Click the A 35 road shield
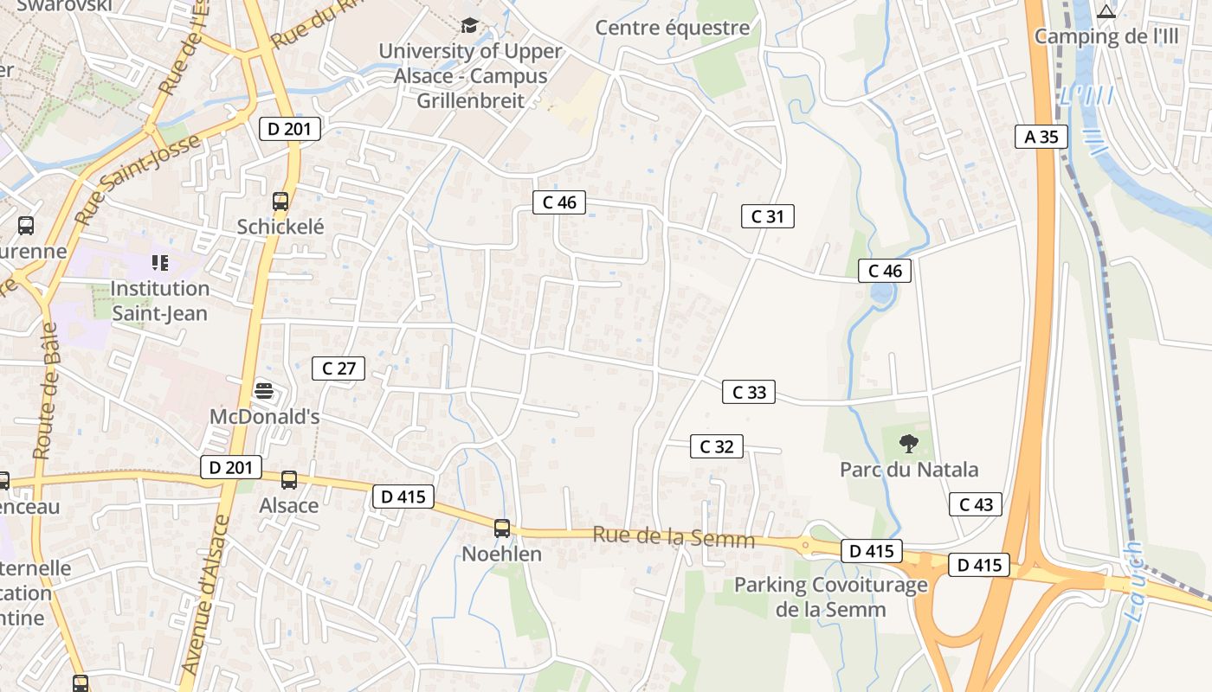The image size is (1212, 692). pos(1041,137)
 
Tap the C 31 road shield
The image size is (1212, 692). pos(767,216)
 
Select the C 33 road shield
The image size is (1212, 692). pos(749,392)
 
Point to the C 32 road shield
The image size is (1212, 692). pos(716,446)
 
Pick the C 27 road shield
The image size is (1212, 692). pos(338,368)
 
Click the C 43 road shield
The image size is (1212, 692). pos(976,504)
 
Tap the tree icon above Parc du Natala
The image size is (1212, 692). pos(908,444)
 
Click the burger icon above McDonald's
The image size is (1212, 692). pos(264,391)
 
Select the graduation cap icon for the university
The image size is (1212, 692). pos(469,25)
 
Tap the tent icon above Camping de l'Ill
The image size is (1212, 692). pos(1106,11)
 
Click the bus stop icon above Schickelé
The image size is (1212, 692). pos(280,202)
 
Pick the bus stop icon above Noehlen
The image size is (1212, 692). pos(501,528)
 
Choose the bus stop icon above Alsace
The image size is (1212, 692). pos(289,479)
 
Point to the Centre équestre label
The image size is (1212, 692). pos(673,28)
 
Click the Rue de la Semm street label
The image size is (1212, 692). pos(674,538)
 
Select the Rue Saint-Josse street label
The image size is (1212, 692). pos(139,178)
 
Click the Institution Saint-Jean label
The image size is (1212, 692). pos(160,300)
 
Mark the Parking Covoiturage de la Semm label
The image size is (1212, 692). pos(831,597)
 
